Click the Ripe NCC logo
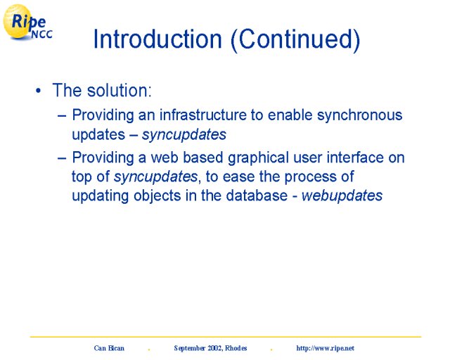27,22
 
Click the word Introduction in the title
157,39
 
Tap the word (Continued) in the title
295,40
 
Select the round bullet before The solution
38,91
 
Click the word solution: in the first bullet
119,90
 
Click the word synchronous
359,115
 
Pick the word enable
290,115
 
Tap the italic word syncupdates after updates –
184,135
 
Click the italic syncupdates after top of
155,177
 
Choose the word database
257,195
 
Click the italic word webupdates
342,195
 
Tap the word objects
157,196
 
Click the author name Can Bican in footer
109,348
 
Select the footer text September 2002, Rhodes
210,348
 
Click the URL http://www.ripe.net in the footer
325,348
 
